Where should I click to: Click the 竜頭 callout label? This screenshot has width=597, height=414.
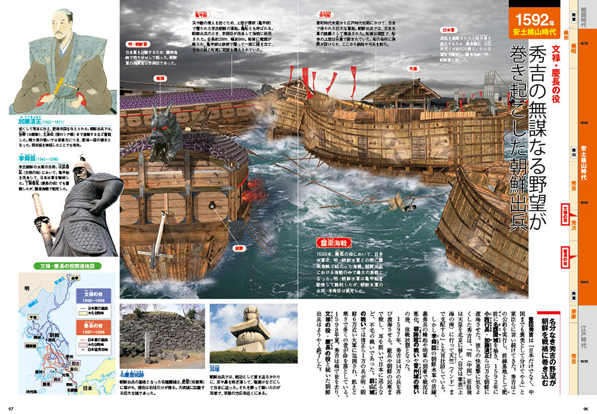(x=160, y=78)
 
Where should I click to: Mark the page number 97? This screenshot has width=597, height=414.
(x=11, y=407)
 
